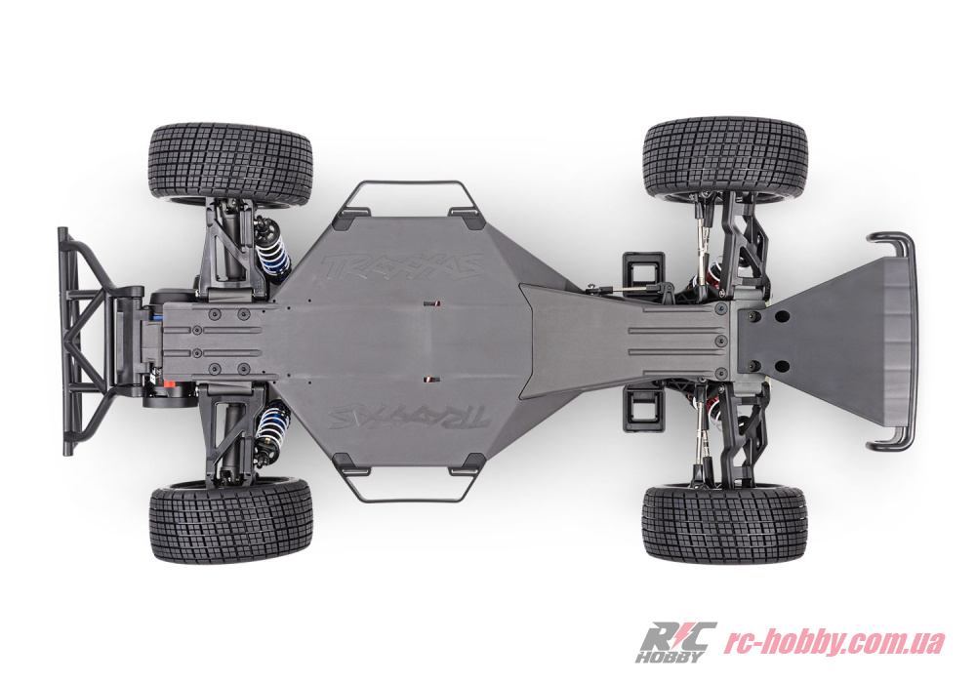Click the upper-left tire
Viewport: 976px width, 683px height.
pyautogui.click(x=230, y=164)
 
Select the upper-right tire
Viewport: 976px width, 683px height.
pyautogui.click(x=724, y=158)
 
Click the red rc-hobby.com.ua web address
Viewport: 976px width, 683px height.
pyautogui.click(x=834, y=641)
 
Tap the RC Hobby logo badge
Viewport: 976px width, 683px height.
pyautogui.click(x=675, y=641)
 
